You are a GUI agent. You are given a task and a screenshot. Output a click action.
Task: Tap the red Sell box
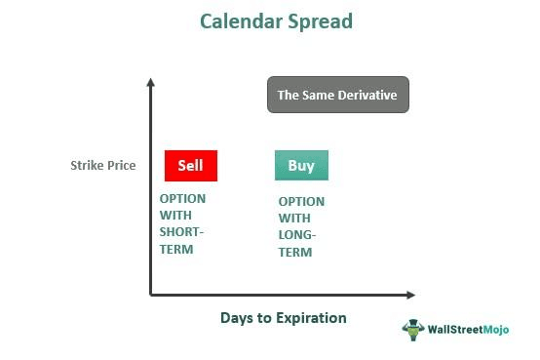(191, 166)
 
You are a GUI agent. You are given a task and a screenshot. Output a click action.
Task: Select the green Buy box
(301, 166)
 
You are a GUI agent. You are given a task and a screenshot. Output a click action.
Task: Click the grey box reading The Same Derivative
(338, 96)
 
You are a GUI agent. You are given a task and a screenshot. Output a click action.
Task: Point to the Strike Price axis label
(102, 166)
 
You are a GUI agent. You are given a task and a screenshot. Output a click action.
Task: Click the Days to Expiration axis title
(283, 318)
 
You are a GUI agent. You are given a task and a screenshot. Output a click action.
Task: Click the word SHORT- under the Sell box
(182, 232)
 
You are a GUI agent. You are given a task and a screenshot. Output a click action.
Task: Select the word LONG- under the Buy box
(298, 235)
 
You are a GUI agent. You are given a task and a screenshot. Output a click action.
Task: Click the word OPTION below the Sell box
(182, 198)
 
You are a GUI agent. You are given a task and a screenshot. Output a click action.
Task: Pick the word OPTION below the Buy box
(301, 201)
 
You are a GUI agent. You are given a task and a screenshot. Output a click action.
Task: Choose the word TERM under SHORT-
(176, 249)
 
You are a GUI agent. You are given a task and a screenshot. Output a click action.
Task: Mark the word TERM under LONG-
(295, 253)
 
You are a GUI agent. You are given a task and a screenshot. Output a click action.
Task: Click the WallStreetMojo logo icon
(414, 330)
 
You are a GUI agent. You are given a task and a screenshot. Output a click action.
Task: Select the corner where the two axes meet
(151, 294)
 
